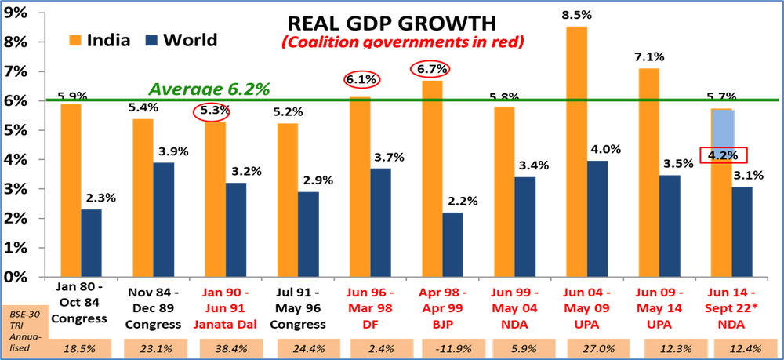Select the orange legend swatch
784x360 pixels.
click(75, 41)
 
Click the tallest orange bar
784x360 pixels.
click(576, 149)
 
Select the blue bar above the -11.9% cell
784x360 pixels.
click(453, 243)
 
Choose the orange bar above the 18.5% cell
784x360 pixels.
click(71, 188)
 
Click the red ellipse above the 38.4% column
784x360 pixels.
click(212, 111)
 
